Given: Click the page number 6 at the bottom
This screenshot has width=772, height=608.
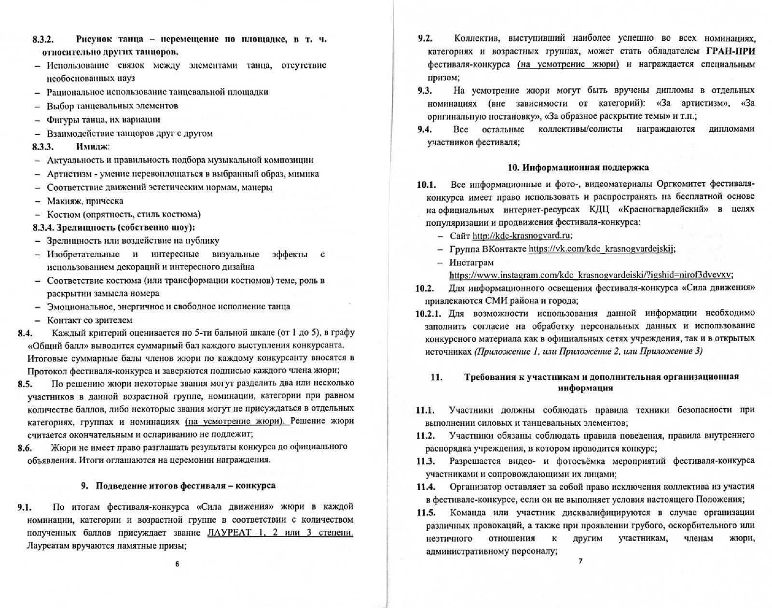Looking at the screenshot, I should pos(177,564).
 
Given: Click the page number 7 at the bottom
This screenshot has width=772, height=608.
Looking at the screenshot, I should pos(580,561).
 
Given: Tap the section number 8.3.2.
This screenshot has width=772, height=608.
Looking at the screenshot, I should pos(43,39).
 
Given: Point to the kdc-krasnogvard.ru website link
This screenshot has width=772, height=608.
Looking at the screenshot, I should pos(522,235).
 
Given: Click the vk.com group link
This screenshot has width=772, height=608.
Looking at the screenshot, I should pos(601,249).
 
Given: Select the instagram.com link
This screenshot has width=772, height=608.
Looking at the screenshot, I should pos(591,275).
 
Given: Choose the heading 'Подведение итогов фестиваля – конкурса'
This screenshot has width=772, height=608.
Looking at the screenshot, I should pos(185,485).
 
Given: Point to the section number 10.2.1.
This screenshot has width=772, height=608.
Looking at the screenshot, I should pos(428,314).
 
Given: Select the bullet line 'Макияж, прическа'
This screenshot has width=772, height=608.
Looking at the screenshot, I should pos(85,201).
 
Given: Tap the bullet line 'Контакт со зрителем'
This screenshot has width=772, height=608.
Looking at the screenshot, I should pos(90,320).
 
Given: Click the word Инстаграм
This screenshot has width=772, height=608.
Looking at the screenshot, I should pos(471,263).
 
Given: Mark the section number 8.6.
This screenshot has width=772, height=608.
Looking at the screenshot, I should pos(25,448).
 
